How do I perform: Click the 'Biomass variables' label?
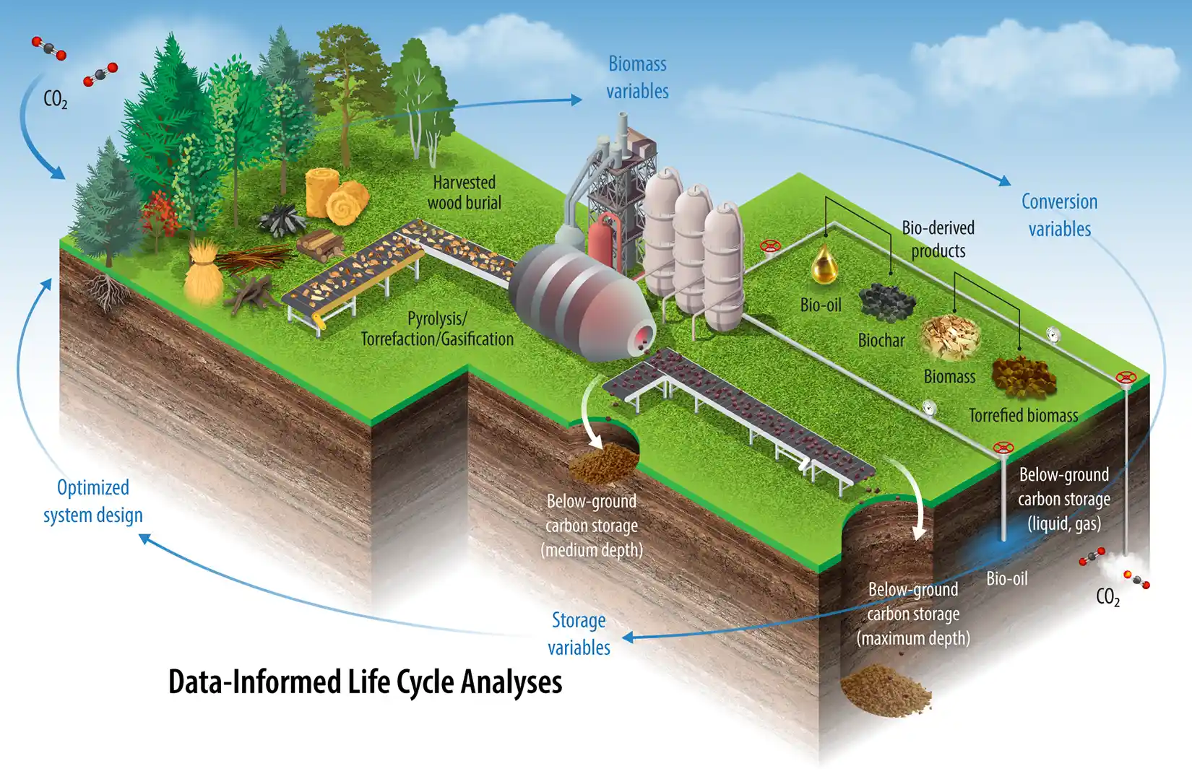[x=637, y=77]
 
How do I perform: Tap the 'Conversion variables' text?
[x=1059, y=215]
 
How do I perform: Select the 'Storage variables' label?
[x=579, y=634]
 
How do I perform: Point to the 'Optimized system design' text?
[x=93, y=501]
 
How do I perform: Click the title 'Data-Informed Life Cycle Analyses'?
[x=365, y=682]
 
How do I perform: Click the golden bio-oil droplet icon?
[x=824, y=266]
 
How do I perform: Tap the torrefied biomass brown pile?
[x=1023, y=376]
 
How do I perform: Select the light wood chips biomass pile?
[x=950, y=337]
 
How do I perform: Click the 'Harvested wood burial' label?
[x=464, y=193]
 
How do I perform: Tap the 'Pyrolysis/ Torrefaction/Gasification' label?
[x=437, y=328]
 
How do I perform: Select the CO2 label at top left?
[x=56, y=99]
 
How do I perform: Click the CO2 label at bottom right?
[x=1107, y=597]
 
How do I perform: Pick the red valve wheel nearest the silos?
[x=771, y=247]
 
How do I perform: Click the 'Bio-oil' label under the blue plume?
[x=1006, y=579]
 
